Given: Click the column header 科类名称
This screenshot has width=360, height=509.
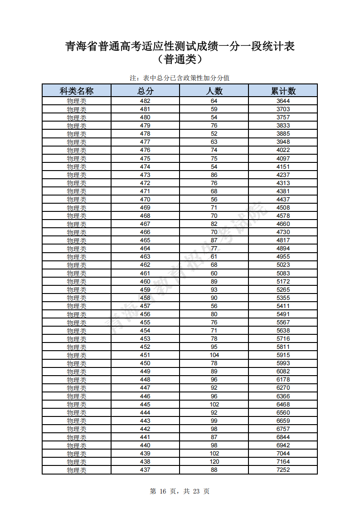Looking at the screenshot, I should tap(77, 91).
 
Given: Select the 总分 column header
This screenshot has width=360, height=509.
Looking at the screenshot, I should tap(145, 91).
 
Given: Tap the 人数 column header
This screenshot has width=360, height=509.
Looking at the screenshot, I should tap(214, 91).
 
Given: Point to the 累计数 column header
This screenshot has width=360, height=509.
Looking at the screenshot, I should tap(283, 91).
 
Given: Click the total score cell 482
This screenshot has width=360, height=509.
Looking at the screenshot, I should tap(145, 101).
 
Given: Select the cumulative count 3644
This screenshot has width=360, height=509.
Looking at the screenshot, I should tap(283, 101).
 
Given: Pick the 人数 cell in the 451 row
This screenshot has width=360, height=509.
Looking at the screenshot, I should tap(214, 355).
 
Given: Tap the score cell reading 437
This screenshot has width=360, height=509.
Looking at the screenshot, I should tap(145, 470).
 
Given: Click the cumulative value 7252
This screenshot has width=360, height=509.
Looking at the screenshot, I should tap(283, 470).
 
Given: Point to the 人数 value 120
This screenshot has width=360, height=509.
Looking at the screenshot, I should tap(214, 462).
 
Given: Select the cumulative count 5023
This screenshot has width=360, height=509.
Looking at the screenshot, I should tap(283, 265).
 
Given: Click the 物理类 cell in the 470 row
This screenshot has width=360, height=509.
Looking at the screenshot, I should tap(77, 200).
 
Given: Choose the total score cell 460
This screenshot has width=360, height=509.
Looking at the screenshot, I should tap(145, 281).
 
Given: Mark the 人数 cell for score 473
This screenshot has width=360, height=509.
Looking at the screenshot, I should tap(214, 175).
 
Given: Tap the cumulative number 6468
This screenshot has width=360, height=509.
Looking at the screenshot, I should tap(283, 404).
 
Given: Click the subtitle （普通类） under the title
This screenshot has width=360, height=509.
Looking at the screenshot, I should tap(180, 59).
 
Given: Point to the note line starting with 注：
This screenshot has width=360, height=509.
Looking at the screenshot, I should tap(180, 78).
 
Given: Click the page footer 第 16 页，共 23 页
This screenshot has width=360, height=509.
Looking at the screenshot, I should tap(180, 491).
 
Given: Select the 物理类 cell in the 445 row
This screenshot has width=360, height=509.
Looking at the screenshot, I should tap(77, 405).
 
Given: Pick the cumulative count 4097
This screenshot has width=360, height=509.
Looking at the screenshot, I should tap(283, 158).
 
